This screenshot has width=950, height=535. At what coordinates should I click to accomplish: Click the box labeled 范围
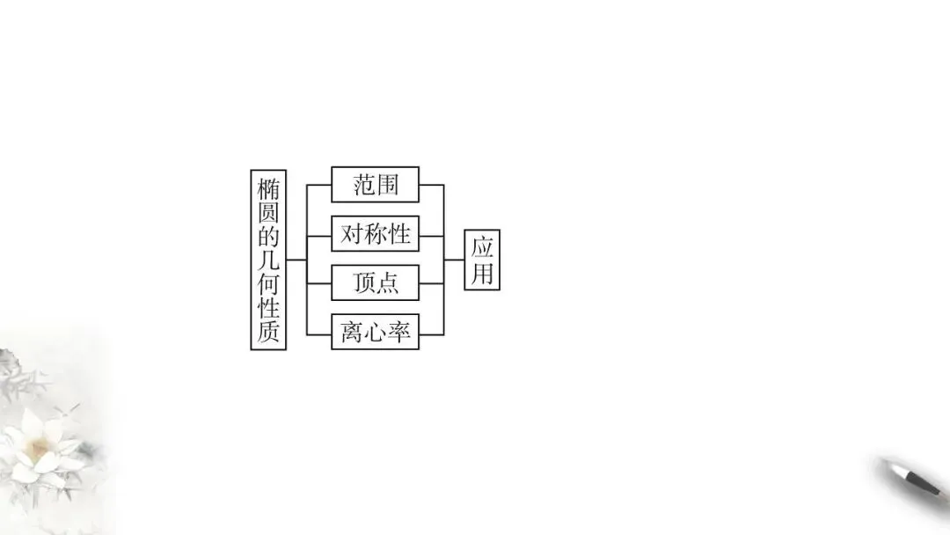[x=375, y=185]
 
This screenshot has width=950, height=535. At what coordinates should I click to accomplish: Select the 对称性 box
[x=375, y=234]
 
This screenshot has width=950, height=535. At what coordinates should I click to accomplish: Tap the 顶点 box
[x=375, y=282]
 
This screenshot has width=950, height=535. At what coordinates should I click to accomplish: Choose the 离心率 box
[x=375, y=332]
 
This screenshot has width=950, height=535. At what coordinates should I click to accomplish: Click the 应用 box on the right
[x=482, y=260]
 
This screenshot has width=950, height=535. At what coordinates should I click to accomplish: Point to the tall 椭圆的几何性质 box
[x=268, y=260]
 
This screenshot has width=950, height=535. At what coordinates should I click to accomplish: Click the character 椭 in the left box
[x=268, y=189]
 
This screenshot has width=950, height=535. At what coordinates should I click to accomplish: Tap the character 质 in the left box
[x=268, y=332]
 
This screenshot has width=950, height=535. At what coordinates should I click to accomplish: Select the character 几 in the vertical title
[x=268, y=260]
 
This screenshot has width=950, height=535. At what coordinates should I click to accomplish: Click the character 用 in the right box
[x=482, y=274]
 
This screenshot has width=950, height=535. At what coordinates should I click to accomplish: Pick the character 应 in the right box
[x=482, y=246]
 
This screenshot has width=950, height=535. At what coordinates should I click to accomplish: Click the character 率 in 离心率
[x=399, y=333]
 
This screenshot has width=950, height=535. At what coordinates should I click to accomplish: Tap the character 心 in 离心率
[x=376, y=333]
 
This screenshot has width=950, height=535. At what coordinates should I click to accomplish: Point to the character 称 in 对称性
[x=376, y=234]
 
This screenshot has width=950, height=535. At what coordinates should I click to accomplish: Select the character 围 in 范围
[x=387, y=185]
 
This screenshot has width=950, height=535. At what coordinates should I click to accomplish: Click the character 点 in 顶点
[x=387, y=282]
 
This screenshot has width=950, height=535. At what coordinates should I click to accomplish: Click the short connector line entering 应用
[x=454, y=260]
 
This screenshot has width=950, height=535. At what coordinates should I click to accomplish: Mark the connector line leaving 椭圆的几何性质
[x=296, y=260]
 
